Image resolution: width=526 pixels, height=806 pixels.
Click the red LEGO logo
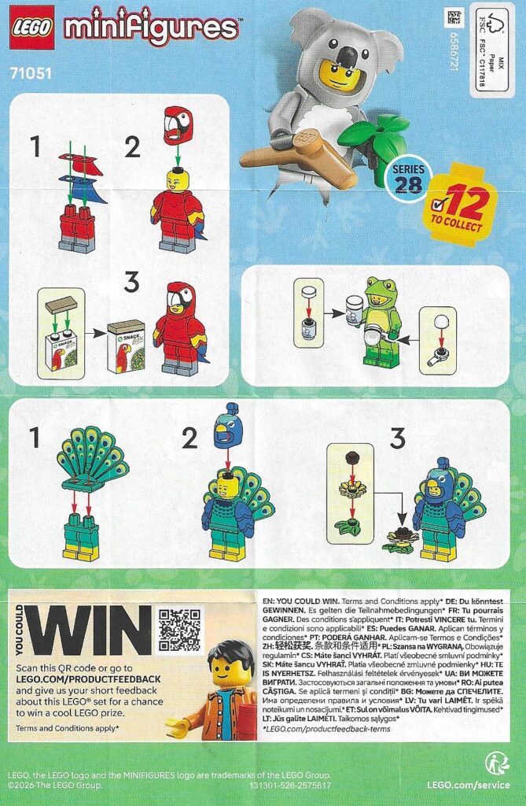click(x=31, y=27)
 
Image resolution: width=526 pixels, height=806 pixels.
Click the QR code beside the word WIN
click(x=179, y=630)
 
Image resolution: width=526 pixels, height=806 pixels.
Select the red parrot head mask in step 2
click(x=178, y=126)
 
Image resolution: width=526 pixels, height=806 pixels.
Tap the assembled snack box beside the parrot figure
click(x=126, y=346)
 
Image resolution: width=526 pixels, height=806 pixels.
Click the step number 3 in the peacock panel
click(x=395, y=438)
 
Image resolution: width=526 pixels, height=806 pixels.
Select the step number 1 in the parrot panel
click(x=34, y=145)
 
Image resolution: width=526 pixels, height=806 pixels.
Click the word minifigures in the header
click(x=152, y=28)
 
